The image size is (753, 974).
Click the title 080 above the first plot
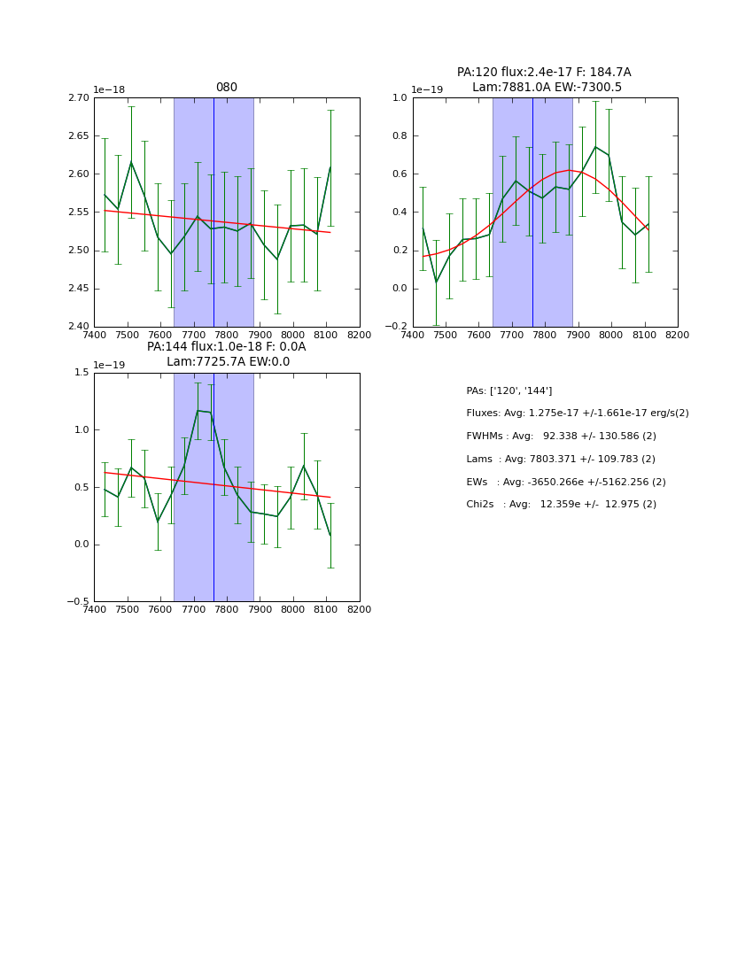pyautogui.click(x=226, y=88)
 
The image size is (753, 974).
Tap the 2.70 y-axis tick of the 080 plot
pyautogui.click(x=79, y=97)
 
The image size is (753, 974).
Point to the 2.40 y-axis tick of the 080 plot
pyautogui.click(x=79, y=327)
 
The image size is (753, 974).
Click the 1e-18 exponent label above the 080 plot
pyautogui.click(x=109, y=89)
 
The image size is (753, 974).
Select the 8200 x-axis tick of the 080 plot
pyautogui.click(x=359, y=336)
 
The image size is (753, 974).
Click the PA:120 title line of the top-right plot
pyautogui.click(x=544, y=73)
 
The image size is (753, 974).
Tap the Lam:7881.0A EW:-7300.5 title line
pyautogui.click(x=547, y=88)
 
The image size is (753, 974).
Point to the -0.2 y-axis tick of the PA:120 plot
pyautogui.click(x=395, y=327)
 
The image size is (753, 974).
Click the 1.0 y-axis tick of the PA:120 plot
pyautogui.click(x=400, y=97)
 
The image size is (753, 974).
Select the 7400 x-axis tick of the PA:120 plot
pyautogui.click(x=413, y=336)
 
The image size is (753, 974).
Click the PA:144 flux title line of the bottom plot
pyautogui.click(x=226, y=347)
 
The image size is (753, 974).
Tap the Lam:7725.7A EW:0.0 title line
pyautogui.click(x=228, y=362)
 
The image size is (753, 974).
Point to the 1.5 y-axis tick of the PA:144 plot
pyautogui.click(x=81, y=373)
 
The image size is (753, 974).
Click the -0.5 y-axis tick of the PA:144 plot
pyautogui.click(x=78, y=602)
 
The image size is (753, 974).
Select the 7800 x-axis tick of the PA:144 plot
pyautogui.click(x=227, y=610)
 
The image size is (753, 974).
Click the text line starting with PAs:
pyautogui.click(x=509, y=390)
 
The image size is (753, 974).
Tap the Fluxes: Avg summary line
pyautogui.click(x=577, y=414)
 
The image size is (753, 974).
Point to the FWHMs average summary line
pyautogui.click(x=561, y=437)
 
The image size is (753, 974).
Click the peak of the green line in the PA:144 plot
pyautogui.click(x=198, y=411)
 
